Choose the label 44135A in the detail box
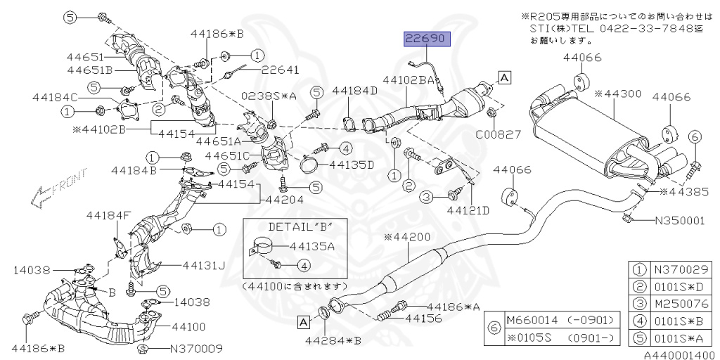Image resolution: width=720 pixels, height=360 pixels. coord(311,246)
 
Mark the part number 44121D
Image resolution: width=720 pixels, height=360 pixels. coord(468,210)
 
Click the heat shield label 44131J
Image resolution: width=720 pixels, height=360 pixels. coord(203,265)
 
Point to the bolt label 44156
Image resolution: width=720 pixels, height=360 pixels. coord(423,318)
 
